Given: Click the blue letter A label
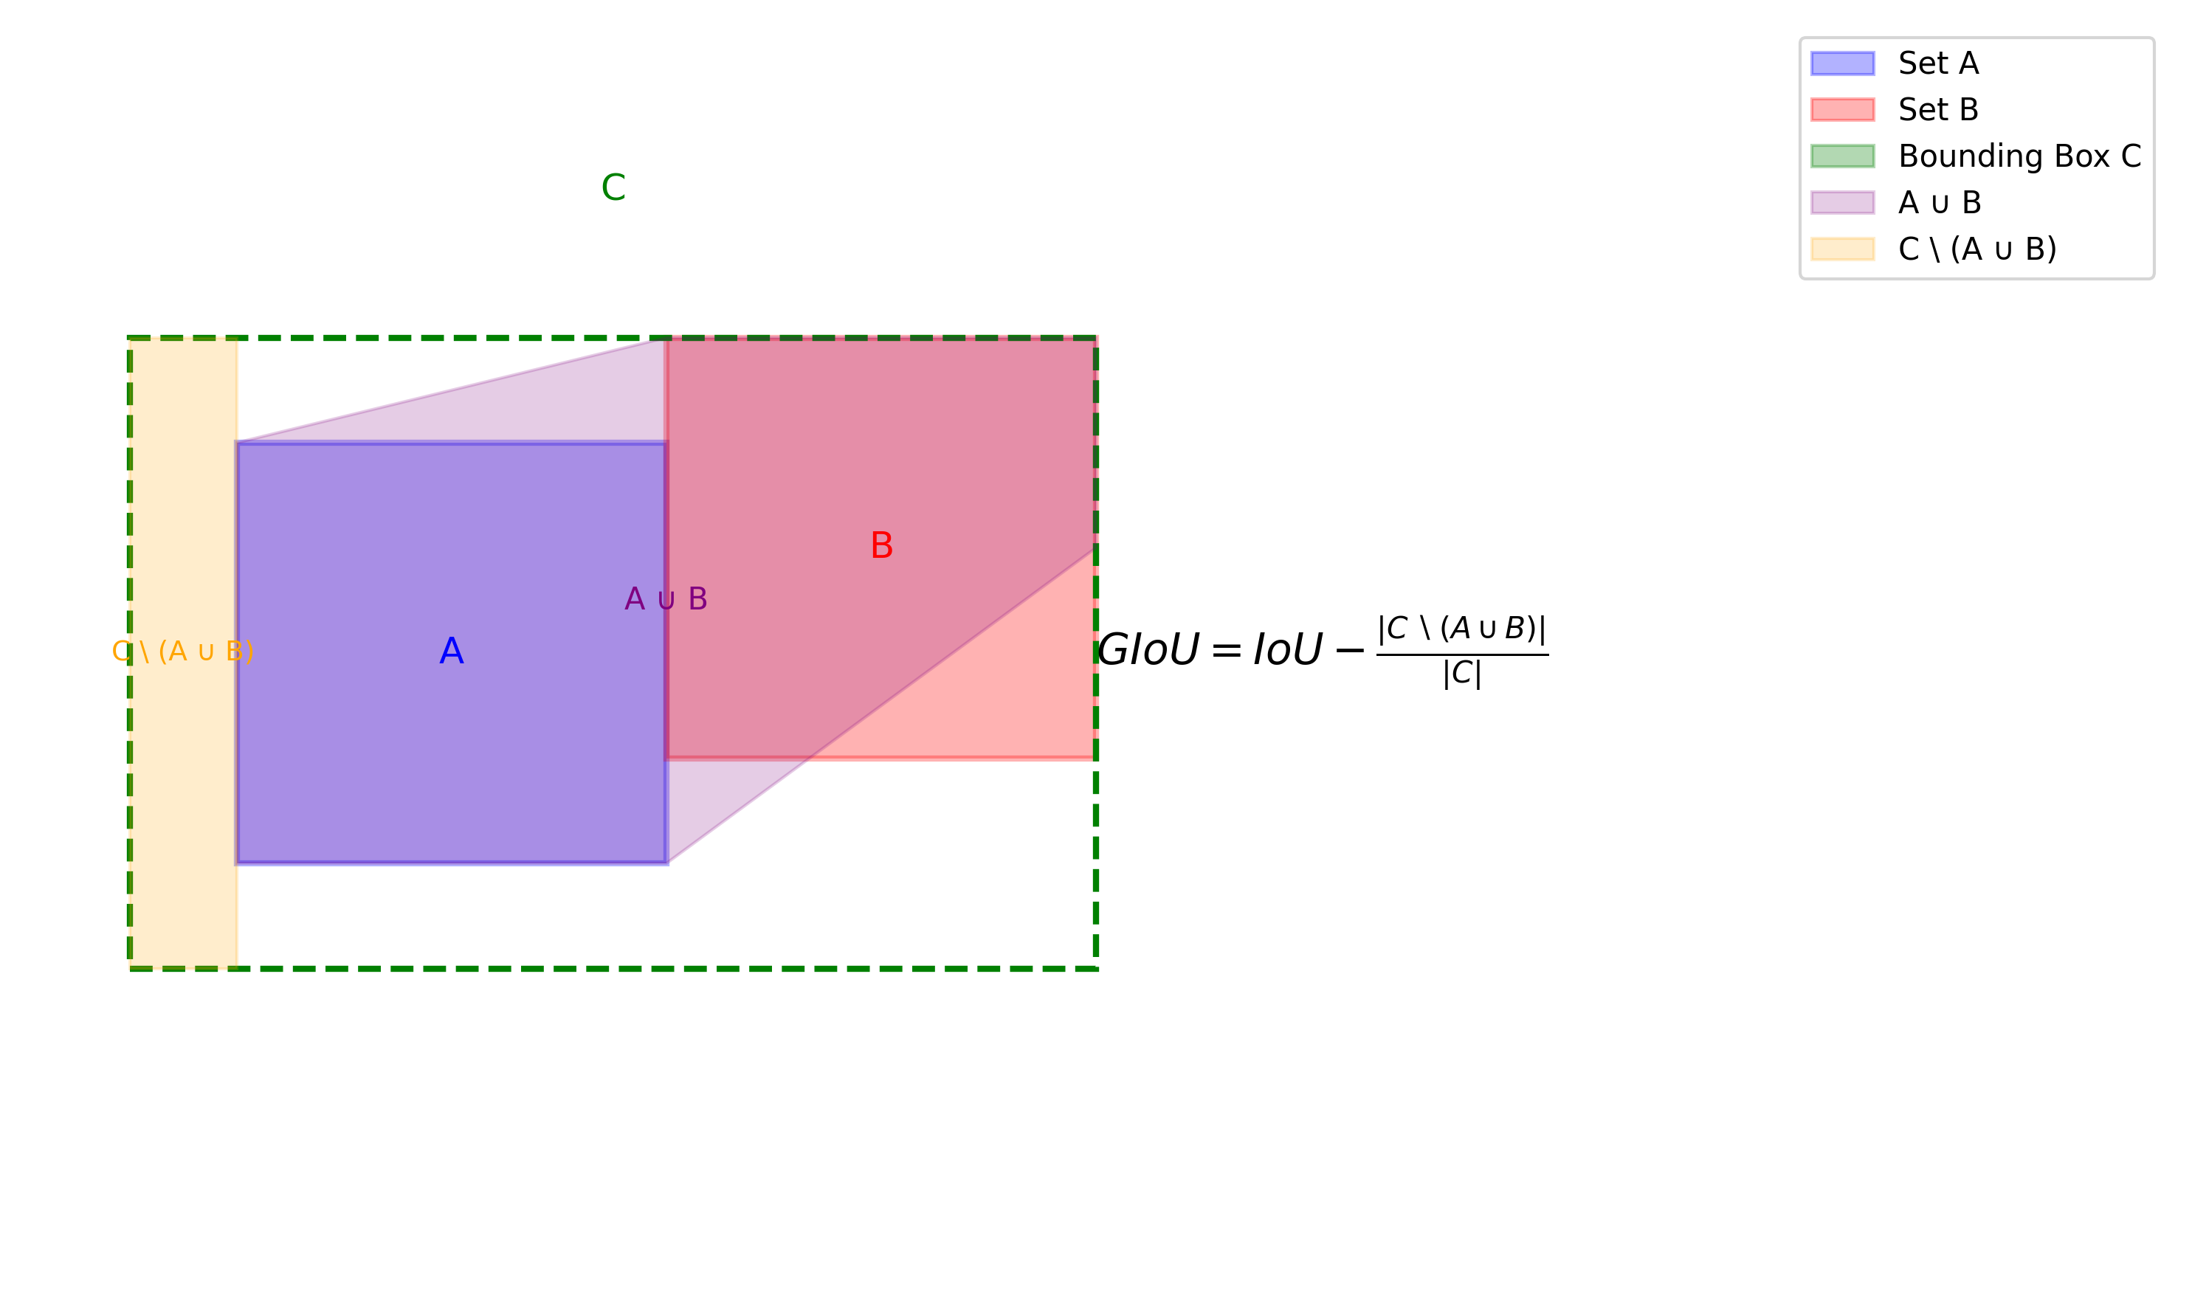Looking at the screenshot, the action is tap(452, 652).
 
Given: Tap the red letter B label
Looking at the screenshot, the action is tap(881, 545).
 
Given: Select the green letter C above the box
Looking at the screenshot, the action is tap(613, 187).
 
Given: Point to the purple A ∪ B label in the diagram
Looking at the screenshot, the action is tap(666, 599).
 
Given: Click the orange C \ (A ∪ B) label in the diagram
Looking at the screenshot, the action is tap(183, 652).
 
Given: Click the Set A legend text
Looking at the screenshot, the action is tap(1938, 63).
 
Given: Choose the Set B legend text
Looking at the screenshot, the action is tap(1938, 110).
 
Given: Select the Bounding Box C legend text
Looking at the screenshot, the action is tap(2019, 156).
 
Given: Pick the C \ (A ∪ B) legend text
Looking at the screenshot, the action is tap(1977, 249).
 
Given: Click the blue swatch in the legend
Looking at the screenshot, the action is tap(1842, 63).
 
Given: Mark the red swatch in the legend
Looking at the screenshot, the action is tap(1842, 110).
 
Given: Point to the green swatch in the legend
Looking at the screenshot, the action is tap(1842, 156).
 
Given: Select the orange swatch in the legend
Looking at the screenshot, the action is tap(1842, 249).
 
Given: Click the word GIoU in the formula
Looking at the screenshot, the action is tap(1148, 650).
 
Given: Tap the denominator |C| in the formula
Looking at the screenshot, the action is tap(1462, 674).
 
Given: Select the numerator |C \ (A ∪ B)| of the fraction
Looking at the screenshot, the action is tap(1462, 629).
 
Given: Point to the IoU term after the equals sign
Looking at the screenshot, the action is tap(1287, 650).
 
